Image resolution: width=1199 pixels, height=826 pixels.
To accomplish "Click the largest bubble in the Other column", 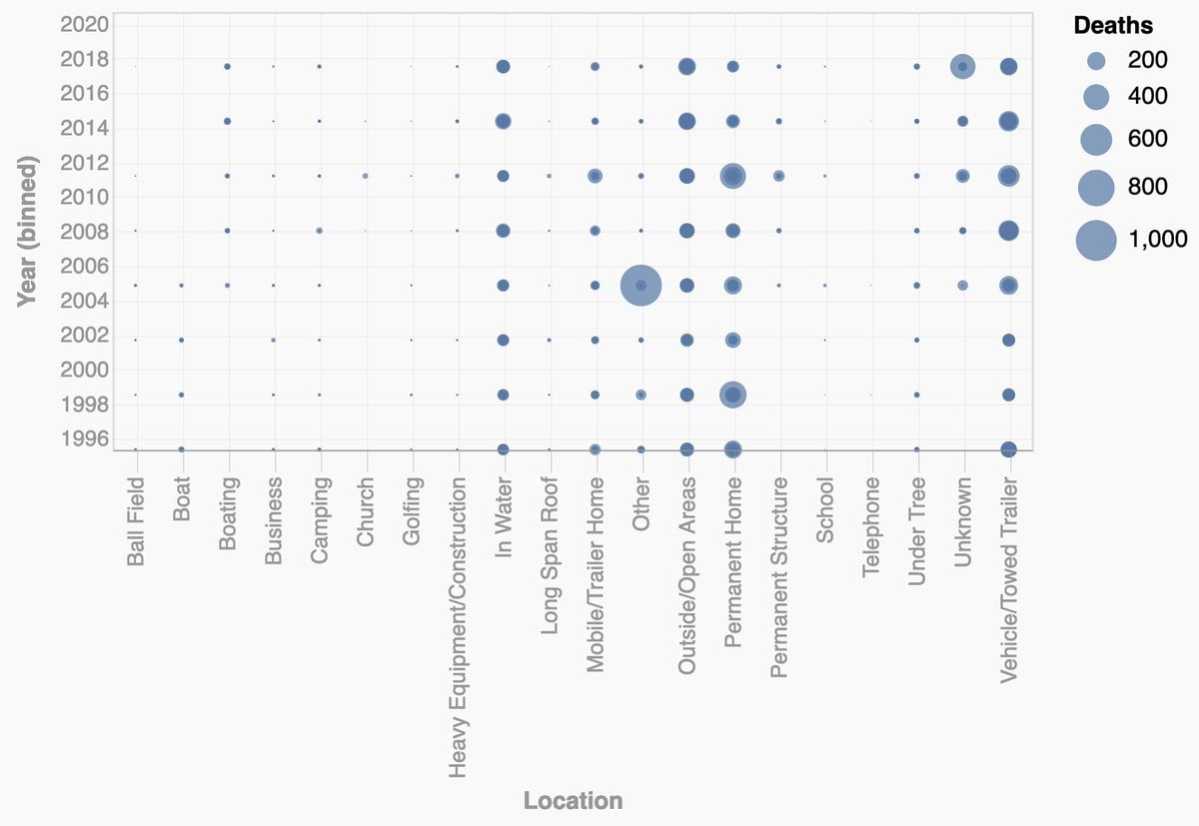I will click(x=640, y=286).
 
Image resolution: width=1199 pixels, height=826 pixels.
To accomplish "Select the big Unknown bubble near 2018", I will click(x=962, y=67).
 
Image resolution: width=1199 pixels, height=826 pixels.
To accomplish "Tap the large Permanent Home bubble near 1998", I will click(x=732, y=395).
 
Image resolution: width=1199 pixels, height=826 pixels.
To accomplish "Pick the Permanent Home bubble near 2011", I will click(x=732, y=176).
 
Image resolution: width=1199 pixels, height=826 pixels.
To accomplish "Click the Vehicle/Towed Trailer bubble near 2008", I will click(x=1008, y=231).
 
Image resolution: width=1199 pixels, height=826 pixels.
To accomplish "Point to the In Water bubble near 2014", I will click(x=503, y=121).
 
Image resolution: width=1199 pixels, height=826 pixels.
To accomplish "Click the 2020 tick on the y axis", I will click(x=86, y=24).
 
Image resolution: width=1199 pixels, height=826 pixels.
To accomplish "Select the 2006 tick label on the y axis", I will click(x=86, y=266).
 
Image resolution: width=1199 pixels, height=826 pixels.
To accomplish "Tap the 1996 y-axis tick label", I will click(x=86, y=437).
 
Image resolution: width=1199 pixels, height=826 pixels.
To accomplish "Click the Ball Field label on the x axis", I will click(x=136, y=521).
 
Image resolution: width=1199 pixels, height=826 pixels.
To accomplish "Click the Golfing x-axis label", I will click(x=412, y=510).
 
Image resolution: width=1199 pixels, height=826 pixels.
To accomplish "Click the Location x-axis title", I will click(x=573, y=801).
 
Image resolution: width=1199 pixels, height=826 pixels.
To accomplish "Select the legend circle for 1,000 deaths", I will click(x=1096, y=240).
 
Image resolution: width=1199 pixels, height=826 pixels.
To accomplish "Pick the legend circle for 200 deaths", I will click(x=1096, y=61).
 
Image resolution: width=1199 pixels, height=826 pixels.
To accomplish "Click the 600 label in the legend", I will click(x=1147, y=138).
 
